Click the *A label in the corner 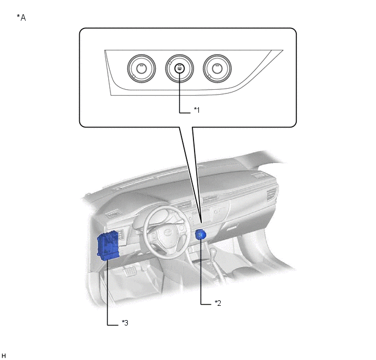pos(21,18)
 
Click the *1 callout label pos(197,110)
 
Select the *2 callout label pos(218,303)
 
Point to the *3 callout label pos(125,323)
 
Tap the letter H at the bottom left pos(4,356)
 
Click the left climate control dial pos(142,68)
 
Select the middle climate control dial pos(179,68)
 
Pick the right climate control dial pos(217,68)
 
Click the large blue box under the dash pos(108,245)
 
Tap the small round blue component pos(201,235)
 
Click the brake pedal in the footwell pos(130,272)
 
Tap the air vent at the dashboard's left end pos(114,213)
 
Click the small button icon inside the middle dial pos(179,68)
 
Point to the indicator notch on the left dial pos(133,76)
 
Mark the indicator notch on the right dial pos(209,76)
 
